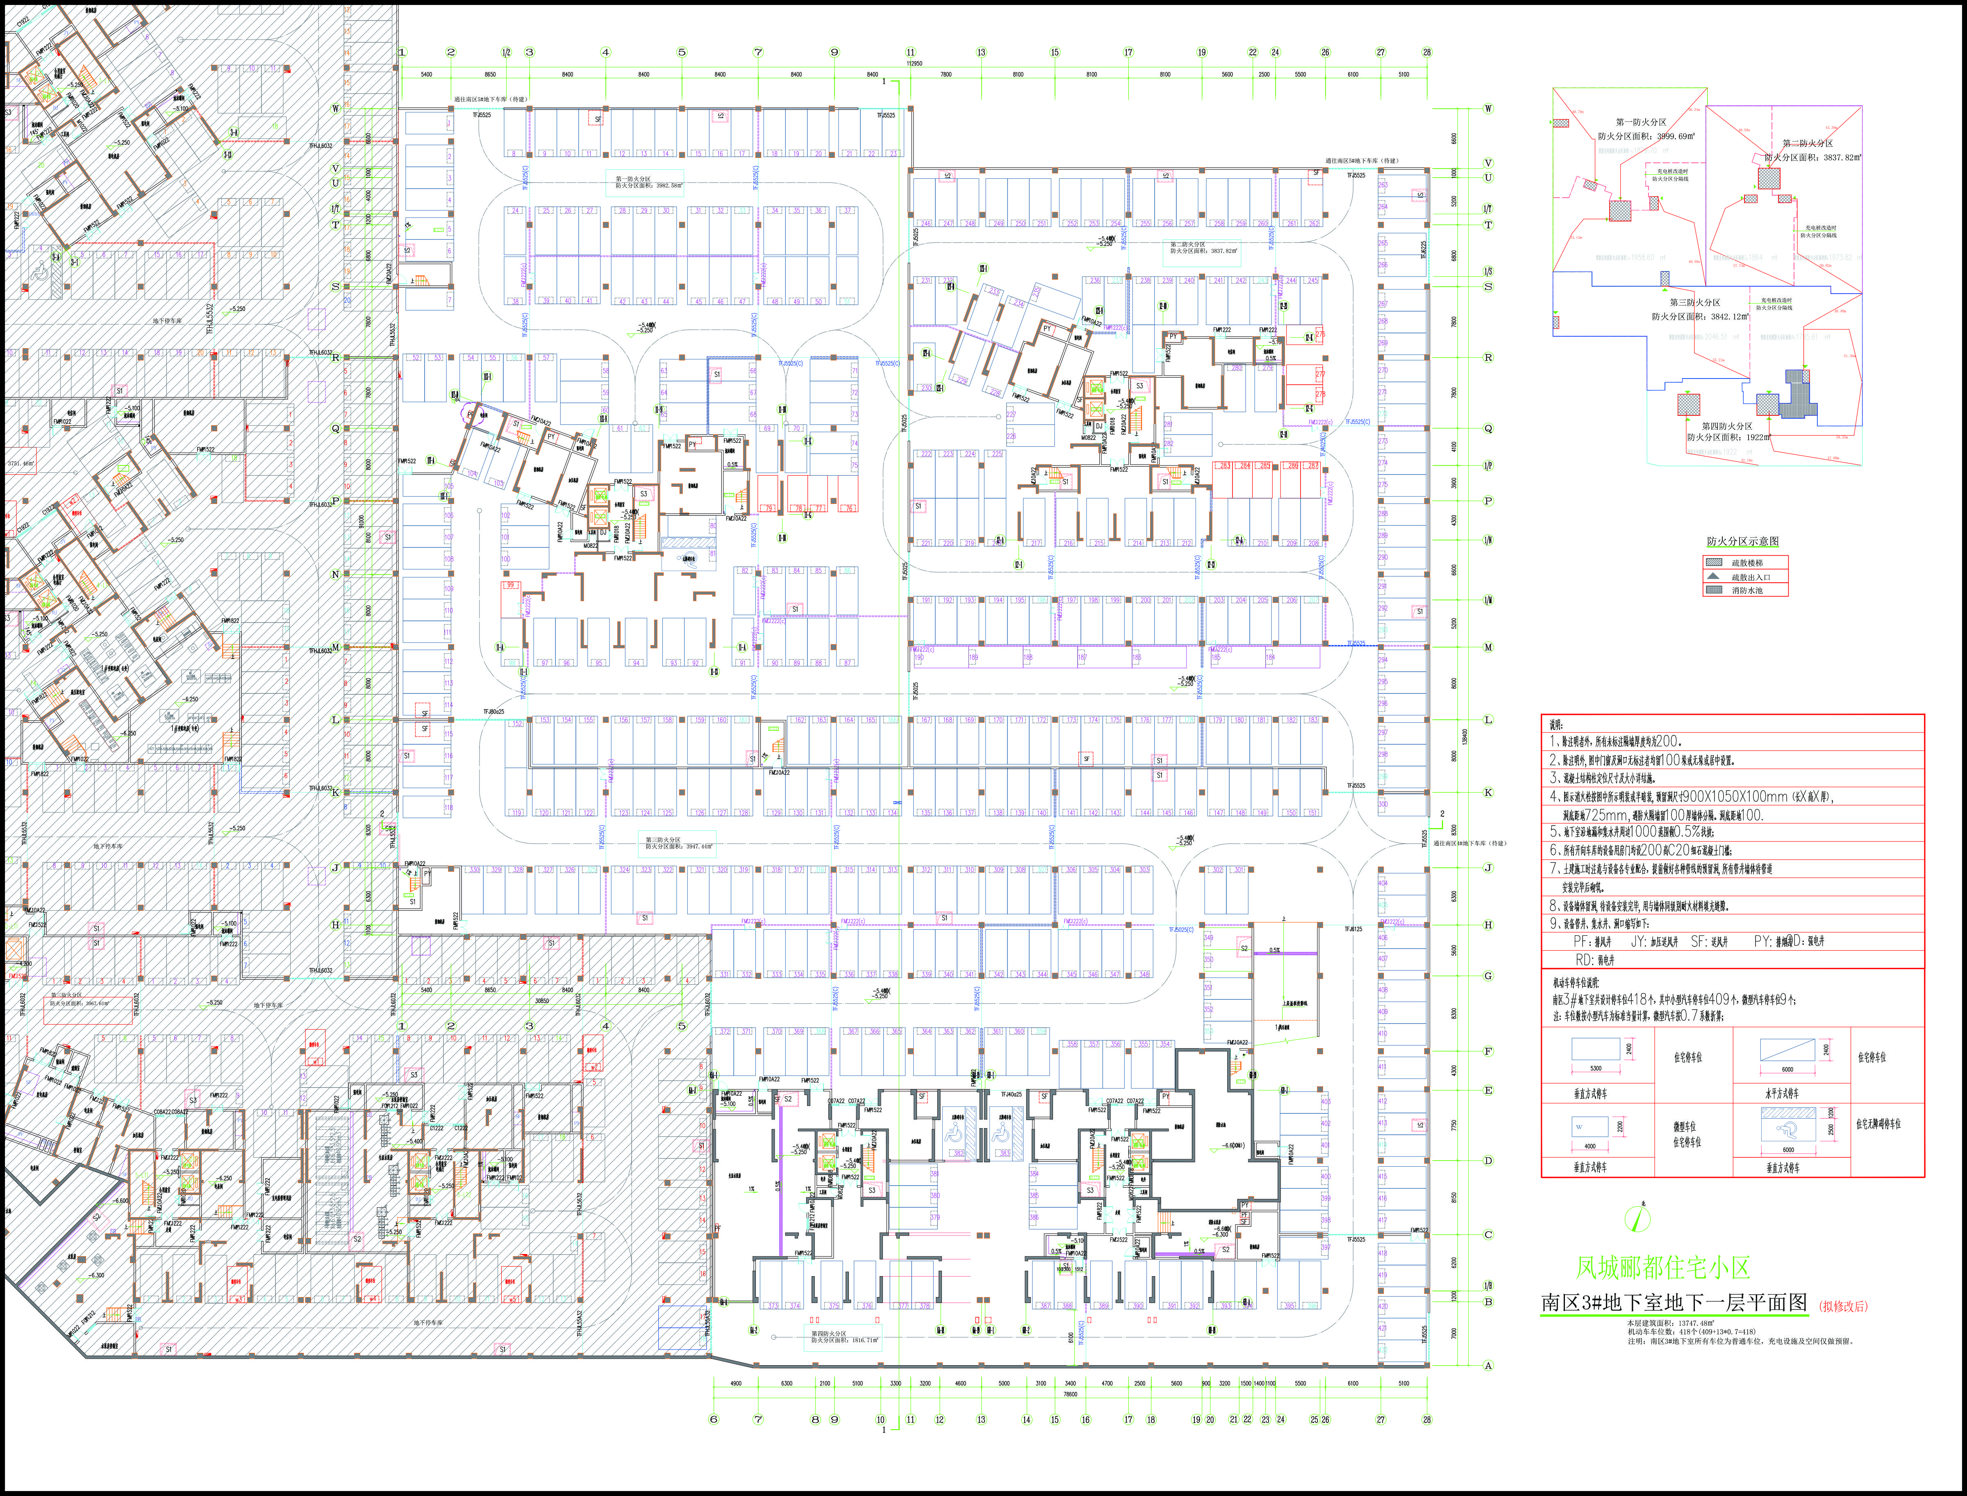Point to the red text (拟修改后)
click(x=1842, y=1306)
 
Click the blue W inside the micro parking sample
click(x=1580, y=1127)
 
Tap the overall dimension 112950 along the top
click(x=914, y=63)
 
